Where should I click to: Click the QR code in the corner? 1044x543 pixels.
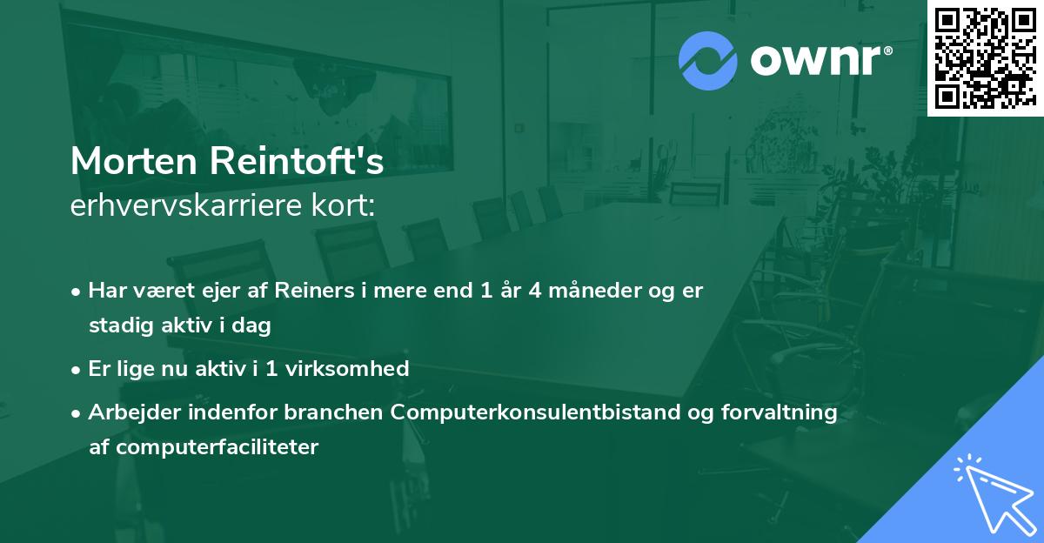click(x=986, y=57)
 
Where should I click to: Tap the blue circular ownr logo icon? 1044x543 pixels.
click(x=708, y=60)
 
